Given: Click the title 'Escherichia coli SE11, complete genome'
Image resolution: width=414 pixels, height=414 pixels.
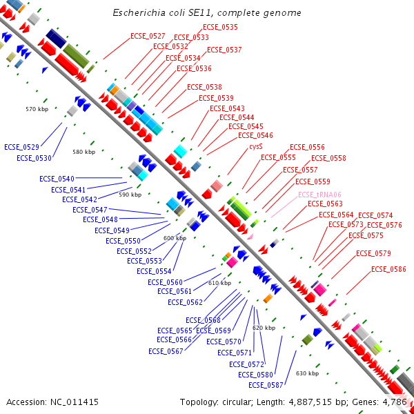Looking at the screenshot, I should tap(207, 13).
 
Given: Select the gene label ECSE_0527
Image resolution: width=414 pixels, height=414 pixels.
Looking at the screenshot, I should tap(148, 36).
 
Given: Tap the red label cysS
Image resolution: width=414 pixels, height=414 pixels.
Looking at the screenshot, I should tap(256, 146).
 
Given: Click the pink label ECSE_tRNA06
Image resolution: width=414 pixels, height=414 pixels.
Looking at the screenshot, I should tap(319, 195).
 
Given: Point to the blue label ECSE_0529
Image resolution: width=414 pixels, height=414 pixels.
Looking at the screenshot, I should tap(22, 147).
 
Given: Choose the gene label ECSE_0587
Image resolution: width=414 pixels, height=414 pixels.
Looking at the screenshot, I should tap(266, 385).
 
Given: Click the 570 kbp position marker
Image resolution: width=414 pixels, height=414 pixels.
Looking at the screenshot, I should tap(37, 109).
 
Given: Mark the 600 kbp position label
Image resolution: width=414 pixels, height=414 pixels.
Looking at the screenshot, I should tap(175, 238).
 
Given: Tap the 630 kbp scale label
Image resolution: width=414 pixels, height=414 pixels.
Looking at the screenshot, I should tap(307, 373).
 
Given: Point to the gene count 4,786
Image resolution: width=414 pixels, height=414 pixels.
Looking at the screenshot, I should tap(395, 402).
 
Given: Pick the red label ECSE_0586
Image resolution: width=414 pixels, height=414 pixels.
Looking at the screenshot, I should tap(388, 269).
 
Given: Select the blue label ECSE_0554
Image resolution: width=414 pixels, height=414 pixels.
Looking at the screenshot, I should tap(154, 271).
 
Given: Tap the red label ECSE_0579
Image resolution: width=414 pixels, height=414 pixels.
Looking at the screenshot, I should tap(373, 253).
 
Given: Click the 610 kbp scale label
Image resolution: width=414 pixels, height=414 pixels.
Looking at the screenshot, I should tap(219, 283).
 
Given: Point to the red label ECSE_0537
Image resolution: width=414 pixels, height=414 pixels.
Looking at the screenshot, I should tap(224, 50).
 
